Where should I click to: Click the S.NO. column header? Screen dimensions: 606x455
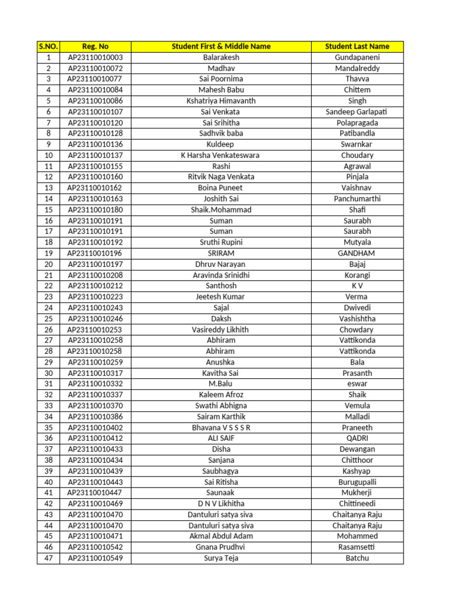[x=48, y=46]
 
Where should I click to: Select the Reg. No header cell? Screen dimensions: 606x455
[x=95, y=46]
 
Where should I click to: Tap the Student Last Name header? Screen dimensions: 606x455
[x=357, y=46]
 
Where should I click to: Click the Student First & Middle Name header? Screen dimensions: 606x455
[x=221, y=46]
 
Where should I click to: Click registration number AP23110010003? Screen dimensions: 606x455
[x=95, y=57]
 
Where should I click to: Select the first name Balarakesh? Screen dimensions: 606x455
[x=221, y=57]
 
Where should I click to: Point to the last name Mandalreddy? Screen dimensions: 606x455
[x=357, y=69]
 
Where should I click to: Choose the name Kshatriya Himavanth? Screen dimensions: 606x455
[x=221, y=101]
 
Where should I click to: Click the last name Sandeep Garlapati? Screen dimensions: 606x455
[x=357, y=112]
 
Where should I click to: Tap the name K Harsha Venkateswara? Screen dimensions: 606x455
[x=221, y=156]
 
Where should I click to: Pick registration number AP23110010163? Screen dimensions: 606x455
[x=95, y=199]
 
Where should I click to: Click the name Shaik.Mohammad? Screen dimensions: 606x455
[x=221, y=210]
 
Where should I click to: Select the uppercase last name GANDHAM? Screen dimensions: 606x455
[x=357, y=253]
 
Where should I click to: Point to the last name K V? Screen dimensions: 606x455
[x=357, y=286]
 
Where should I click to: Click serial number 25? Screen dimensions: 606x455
[x=48, y=318]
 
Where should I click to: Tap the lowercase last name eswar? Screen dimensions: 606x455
[x=357, y=384]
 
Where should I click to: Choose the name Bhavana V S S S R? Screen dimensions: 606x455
[x=221, y=427]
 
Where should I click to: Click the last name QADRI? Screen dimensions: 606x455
[x=357, y=439]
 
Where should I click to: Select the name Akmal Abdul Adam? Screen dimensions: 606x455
[x=221, y=536]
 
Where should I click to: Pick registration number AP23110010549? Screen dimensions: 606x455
[x=95, y=558]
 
